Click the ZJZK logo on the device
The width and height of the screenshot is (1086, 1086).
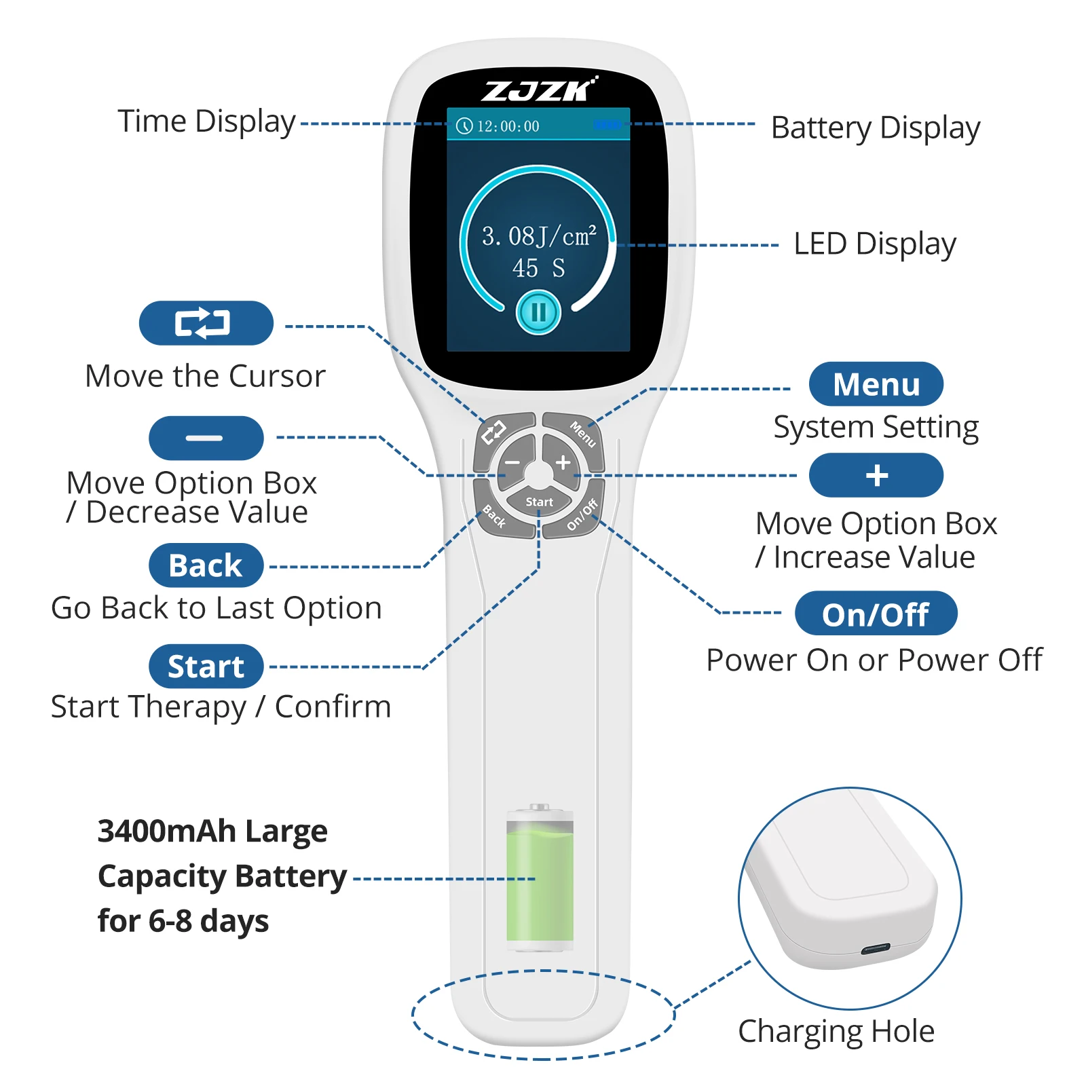click(x=539, y=90)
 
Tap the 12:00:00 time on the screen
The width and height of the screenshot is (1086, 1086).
click(x=508, y=126)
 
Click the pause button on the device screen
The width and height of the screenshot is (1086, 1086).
click(x=538, y=313)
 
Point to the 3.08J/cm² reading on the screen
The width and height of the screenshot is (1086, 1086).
click(x=539, y=236)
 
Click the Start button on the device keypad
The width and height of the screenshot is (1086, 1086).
click(x=539, y=502)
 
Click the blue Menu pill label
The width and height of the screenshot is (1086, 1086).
click(x=876, y=384)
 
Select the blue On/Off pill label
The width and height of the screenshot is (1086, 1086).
click(x=876, y=614)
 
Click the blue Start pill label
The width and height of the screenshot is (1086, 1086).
click(x=206, y=667)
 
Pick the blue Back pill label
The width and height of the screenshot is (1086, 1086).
click(x=206, y=565)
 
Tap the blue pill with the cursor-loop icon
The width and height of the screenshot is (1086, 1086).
click(x=206, y=323)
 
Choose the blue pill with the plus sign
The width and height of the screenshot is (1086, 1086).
click(x=876, y=475)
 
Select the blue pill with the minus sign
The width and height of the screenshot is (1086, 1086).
click(x=206, y=438)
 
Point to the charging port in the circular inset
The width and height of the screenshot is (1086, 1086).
click(x=875, y=948)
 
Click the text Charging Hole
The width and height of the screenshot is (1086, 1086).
click(x=836, y=1031)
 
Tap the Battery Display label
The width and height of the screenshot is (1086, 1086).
click(x=876, y=128)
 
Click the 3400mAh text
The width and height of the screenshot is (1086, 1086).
click(x=166, y=831)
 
